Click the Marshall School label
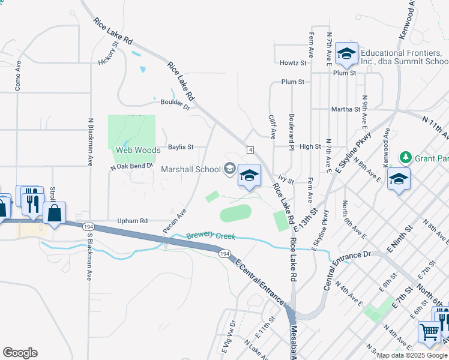coord(191,169)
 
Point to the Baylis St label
coord(181,146)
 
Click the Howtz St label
coord(293,62)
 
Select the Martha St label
coord(345,110)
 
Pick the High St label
coord(310,146)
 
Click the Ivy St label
coord(285,179)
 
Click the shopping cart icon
coord(429,332)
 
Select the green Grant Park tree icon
coord(406,157)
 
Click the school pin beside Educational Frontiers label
coord(346,55)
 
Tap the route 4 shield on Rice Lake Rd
coord(248,149)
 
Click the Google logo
coord(20,353)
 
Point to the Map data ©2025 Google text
coord(411,355)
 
